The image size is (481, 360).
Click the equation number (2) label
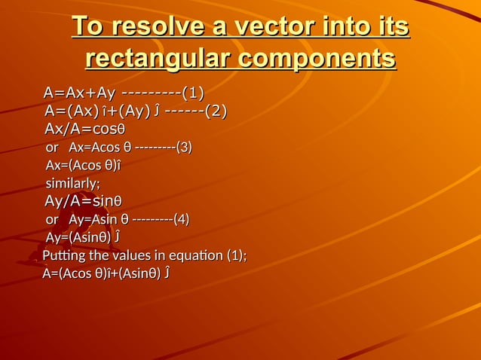(216, 111)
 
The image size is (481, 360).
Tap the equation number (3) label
(183, 147)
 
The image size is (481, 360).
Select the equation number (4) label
(181, 219)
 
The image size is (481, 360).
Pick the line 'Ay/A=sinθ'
(84, 202)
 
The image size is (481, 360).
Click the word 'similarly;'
(73, 183)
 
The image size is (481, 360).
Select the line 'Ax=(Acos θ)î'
(84, 165)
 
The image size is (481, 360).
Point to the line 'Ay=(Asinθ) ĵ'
(83, 237)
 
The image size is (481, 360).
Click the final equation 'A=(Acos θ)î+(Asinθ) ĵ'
(106, 273)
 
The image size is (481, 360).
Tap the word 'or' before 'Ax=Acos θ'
(52, 147)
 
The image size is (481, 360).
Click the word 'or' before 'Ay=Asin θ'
(52, 219)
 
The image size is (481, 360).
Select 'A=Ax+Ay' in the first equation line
(79, 93)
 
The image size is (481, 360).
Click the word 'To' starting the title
(87, 29)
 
